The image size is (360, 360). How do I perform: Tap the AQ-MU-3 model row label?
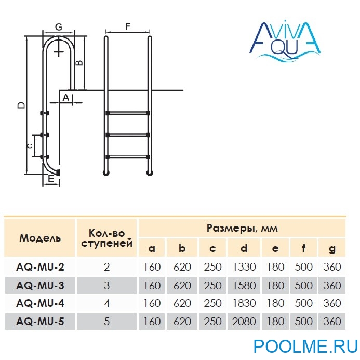40,285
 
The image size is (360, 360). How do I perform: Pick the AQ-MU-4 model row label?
40,303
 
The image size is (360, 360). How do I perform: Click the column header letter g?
332,248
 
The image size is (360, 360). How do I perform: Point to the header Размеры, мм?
242,228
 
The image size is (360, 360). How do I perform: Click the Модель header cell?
40,238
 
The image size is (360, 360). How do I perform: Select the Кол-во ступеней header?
107,238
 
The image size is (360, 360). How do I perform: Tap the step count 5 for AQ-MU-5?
107,322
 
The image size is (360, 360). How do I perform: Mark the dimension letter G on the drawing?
59,26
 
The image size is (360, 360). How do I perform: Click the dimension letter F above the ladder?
128,25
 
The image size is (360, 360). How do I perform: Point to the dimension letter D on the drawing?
20,105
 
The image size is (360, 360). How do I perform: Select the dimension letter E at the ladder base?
51,179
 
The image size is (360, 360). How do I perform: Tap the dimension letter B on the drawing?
79,62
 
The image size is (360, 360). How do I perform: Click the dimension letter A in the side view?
66,97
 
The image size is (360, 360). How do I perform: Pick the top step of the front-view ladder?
128,113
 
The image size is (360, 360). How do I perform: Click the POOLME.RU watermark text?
305,346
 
